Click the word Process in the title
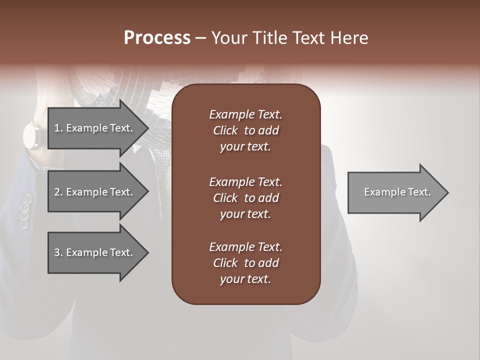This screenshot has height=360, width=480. [157, 38]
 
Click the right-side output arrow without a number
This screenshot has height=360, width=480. [395, 192]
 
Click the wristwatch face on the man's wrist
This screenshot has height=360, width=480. [31, 135]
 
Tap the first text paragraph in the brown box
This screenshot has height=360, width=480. [245, 130]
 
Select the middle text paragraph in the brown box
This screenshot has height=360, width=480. [245, 198]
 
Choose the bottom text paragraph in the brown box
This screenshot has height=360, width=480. [245, 263]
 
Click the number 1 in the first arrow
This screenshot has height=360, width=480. [56, 128]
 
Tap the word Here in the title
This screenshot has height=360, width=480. [350, 38]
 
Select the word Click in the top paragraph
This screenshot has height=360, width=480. [225, 130]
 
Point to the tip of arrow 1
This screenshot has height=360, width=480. [147, 128]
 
